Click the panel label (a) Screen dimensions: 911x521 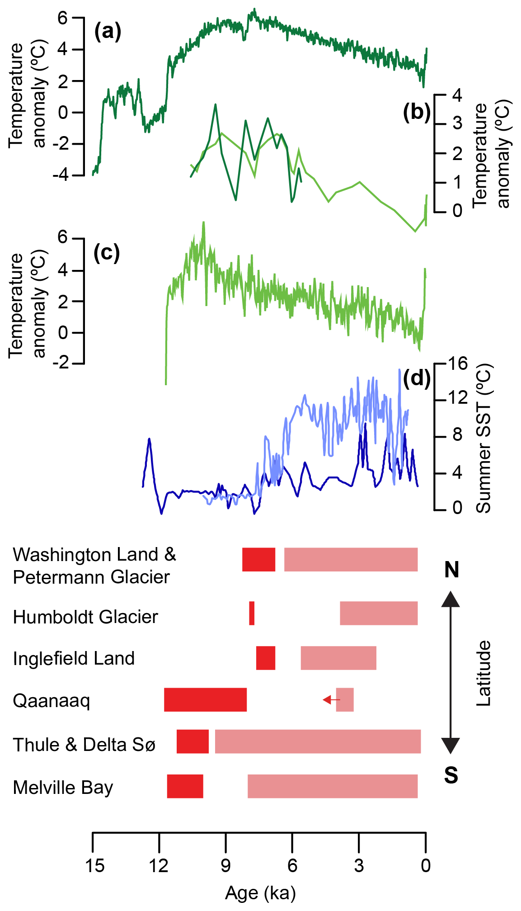pos(108,32)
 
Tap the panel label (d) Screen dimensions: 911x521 pos(417,378)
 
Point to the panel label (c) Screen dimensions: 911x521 pos(107,252)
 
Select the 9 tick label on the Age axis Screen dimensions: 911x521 pos(225,865)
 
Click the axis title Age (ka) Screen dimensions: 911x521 pos(260,893)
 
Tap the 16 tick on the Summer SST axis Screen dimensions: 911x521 pos(457,363)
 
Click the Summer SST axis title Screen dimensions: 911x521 pos(483,439)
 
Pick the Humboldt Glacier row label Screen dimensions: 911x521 pos(85,617)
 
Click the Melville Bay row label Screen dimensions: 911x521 pos(63,787)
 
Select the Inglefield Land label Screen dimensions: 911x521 pos(74,658)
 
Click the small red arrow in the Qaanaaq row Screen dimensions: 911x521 pos(331,700)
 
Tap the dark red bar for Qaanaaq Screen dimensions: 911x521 pos(205,700)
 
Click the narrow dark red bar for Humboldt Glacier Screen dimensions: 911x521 pos(252,614)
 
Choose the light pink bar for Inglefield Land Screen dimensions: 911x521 pos(338,658)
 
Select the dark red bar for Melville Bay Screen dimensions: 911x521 pos(185,786)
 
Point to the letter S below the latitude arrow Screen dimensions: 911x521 pos(451,776)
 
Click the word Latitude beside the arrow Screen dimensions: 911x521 pos(483,673)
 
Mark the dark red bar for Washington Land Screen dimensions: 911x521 pos(258,559)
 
